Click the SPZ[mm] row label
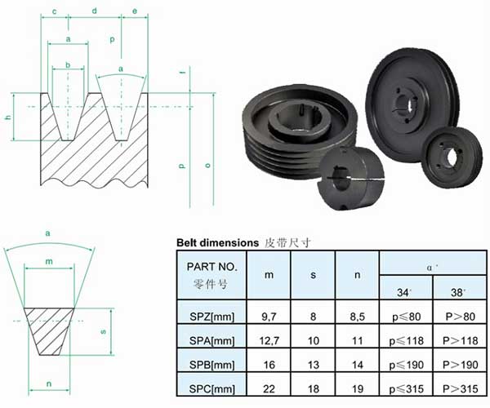[x=212, y=317]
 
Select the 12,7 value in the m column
[x=269, y=340]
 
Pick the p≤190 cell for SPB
[x=406, y=365]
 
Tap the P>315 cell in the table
[x=461, y=388]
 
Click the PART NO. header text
[x=212, y=267]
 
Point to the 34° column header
[x=404, y=292]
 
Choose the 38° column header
[x=458, y=292]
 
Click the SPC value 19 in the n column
[x=358, y=388]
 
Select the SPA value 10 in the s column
[x=313, y=340]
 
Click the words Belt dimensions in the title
[x=217, y=243]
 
